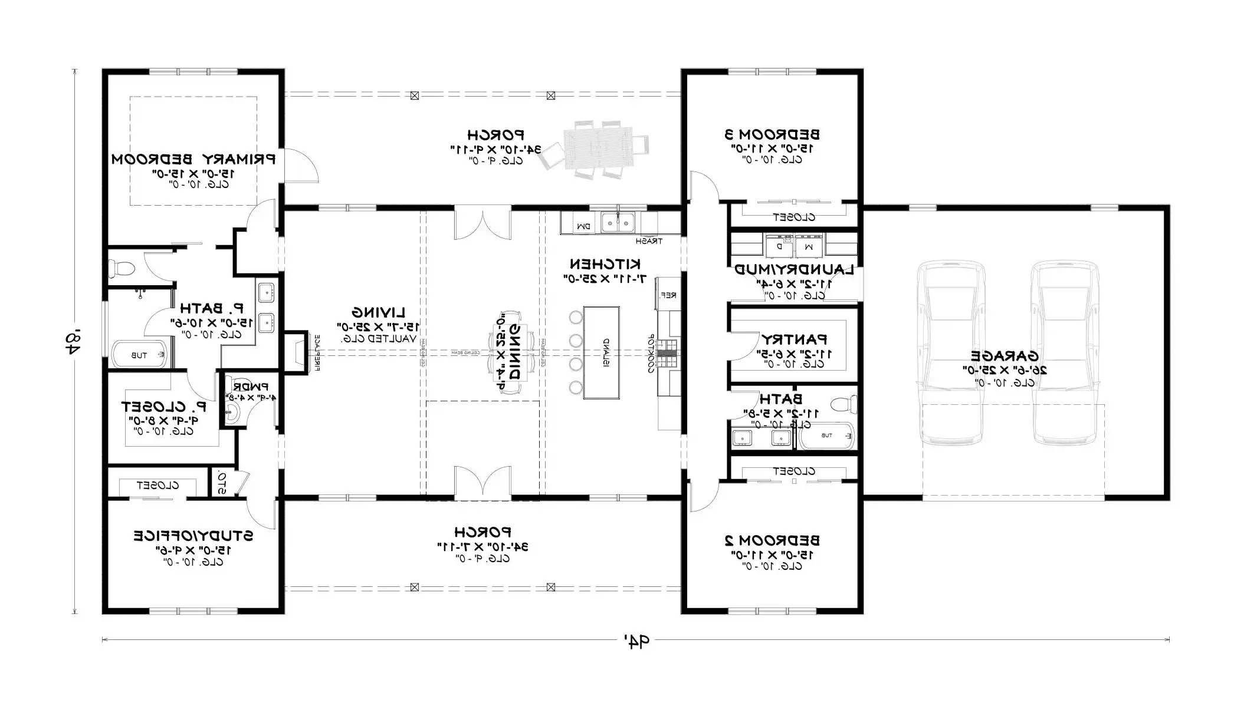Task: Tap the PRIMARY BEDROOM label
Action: [x=193, y=159]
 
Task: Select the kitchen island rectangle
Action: [x=601, y=352]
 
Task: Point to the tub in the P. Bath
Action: [x=140, y=355]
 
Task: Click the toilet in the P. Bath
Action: [x=122, y=269]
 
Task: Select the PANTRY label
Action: [x=794, y=339]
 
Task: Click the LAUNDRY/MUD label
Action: [x=794, y=270]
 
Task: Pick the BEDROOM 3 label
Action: [x=772, y=134]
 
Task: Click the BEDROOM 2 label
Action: [x=772, y=540]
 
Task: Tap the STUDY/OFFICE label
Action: [x=193, y=536]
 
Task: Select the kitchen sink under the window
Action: [x=618, y=223]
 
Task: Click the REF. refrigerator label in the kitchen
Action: [x=669, y=295]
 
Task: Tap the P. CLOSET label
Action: [x=163, y=407]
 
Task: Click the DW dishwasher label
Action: [x=583, y=226]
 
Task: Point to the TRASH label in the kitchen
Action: [x=649, y=241]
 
